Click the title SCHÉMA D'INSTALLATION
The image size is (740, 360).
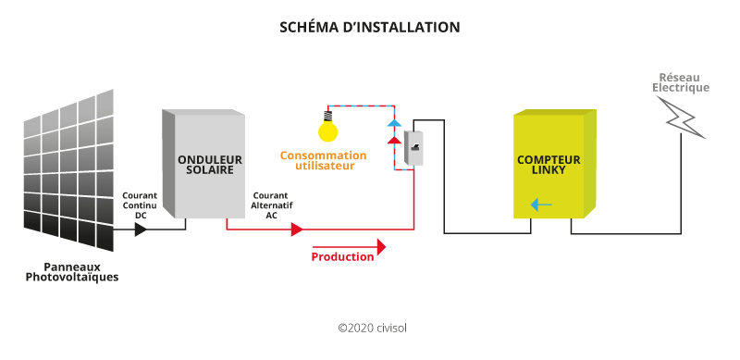point(369,28)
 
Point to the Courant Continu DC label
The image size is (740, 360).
point(141,205)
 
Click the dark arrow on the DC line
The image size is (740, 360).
point(141,229)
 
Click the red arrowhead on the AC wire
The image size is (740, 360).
point(296,229)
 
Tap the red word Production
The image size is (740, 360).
point(342,256)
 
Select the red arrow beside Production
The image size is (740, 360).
point(380,247)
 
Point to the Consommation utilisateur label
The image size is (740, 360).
point(317,161)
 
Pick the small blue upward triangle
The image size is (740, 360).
point(394,122)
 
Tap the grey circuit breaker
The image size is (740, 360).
point(413,143)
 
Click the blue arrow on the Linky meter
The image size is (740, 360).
point(541,205)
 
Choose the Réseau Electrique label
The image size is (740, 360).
point(681,82)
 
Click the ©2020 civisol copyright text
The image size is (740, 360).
point(372,327)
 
